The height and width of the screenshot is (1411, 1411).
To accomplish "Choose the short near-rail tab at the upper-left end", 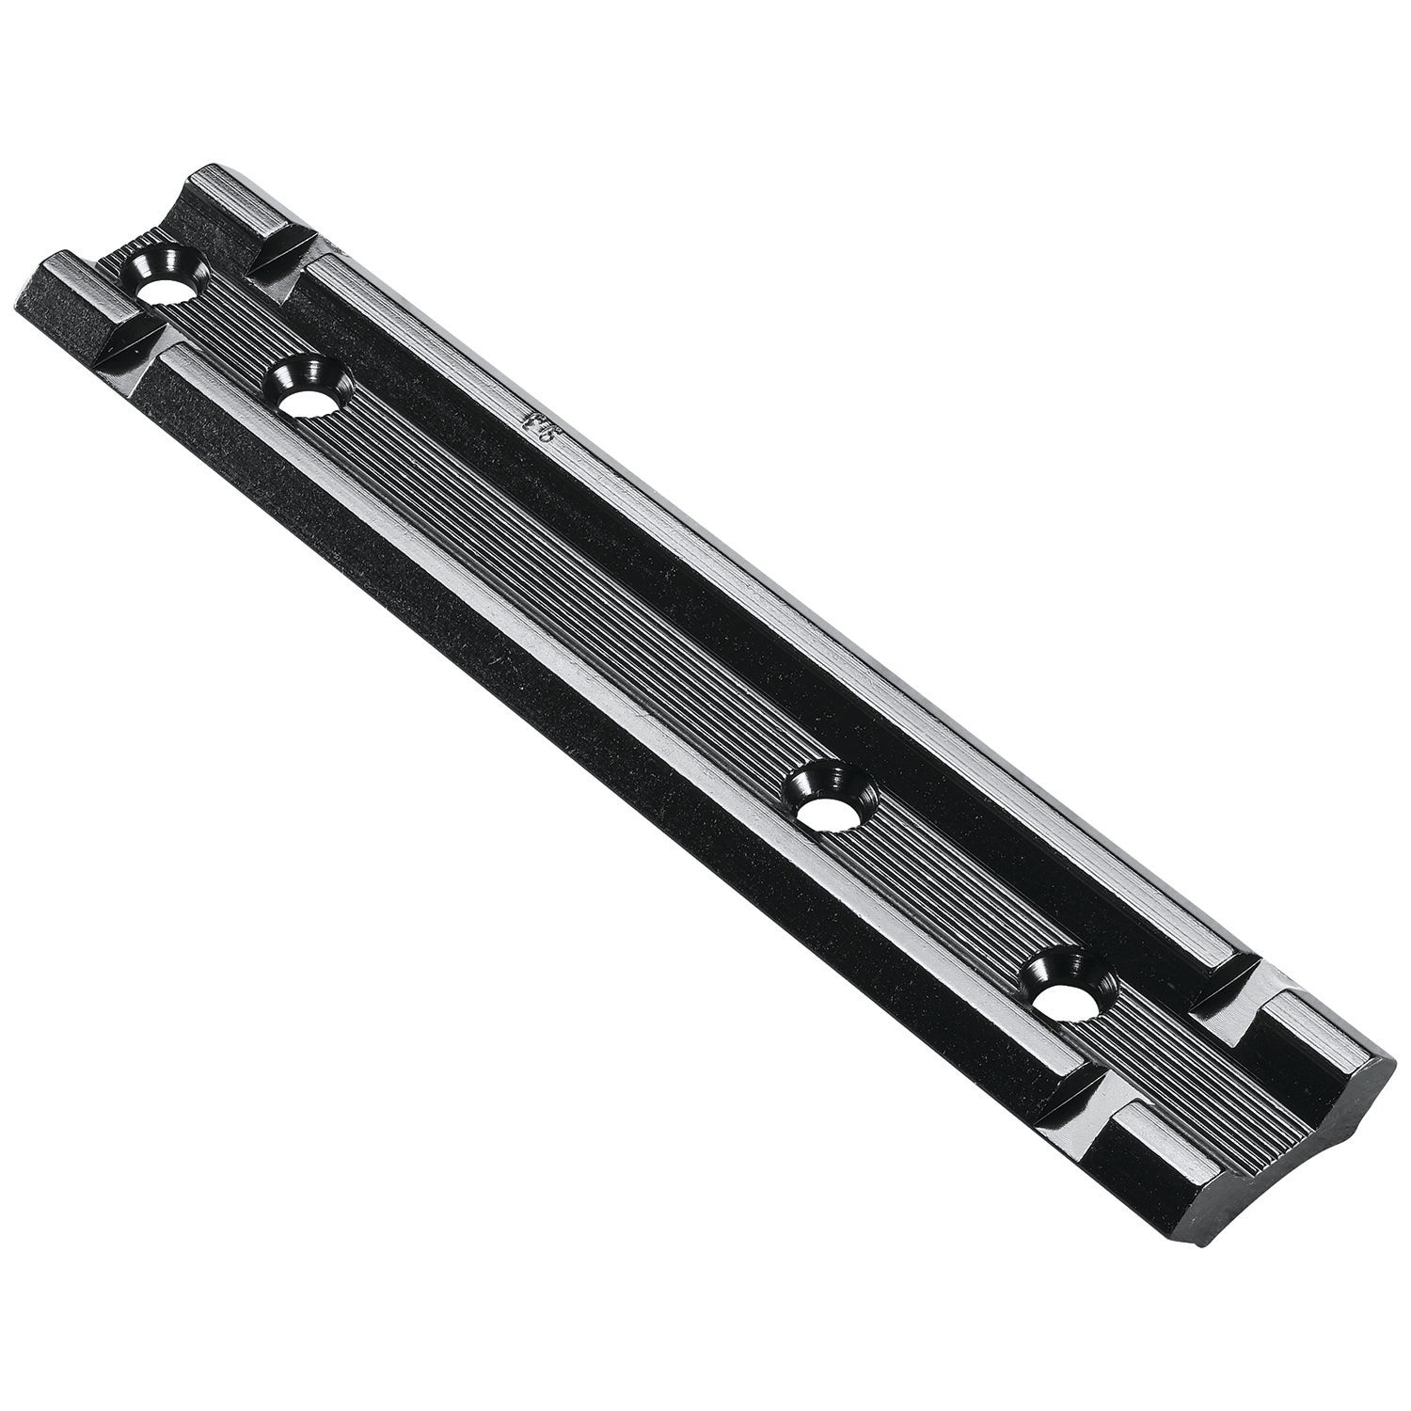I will tap(75, 292).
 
